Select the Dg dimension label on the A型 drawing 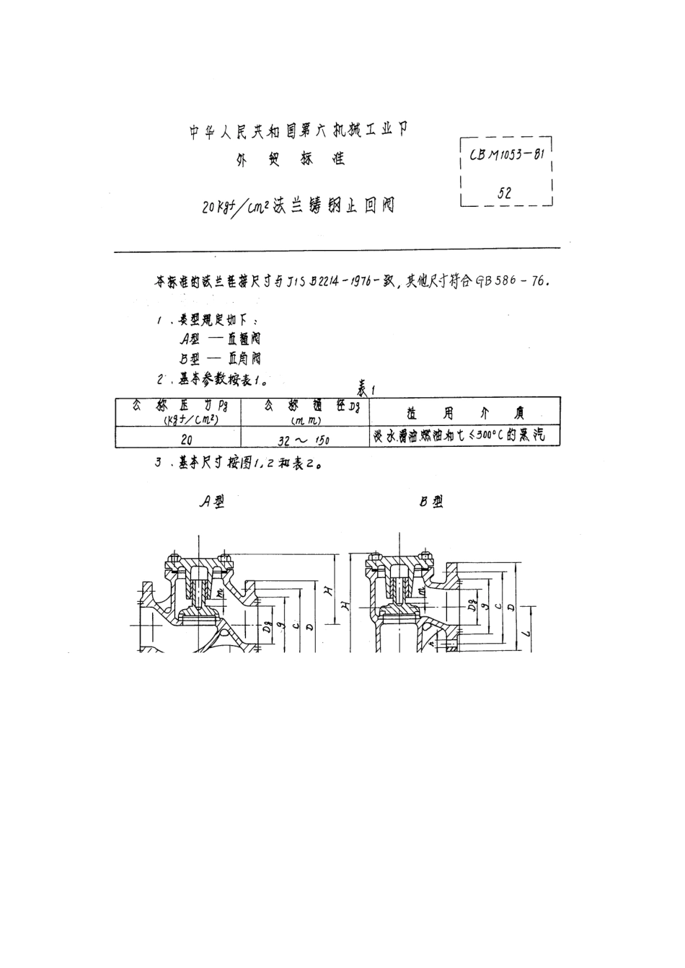click(268, 613)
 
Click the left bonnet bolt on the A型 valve click(173, 560)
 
